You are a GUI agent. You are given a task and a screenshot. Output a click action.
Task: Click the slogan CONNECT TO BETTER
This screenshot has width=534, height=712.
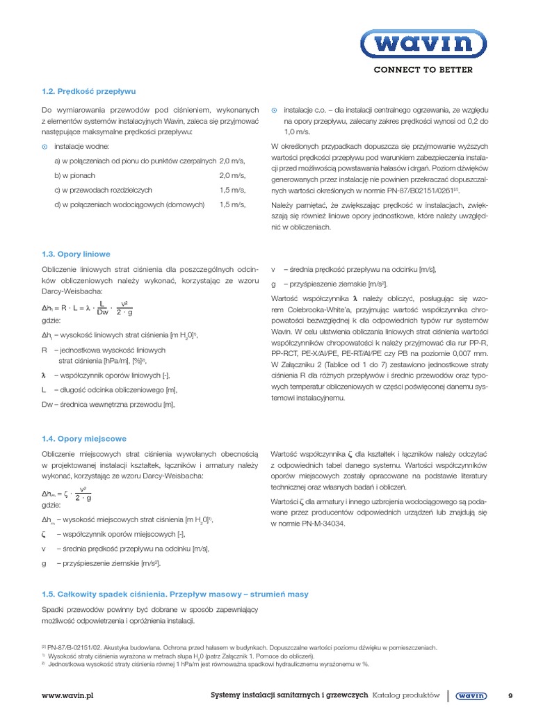point(423,70)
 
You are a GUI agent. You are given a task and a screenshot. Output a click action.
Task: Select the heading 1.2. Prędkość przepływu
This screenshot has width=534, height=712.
point(88,91)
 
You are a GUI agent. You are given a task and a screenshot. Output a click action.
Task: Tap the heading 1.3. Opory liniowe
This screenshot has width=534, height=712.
point(76,254)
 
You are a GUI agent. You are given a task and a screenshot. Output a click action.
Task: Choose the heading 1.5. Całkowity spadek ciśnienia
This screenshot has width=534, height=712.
point(175,594)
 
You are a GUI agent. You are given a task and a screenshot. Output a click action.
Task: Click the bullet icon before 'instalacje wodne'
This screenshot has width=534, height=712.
point(45,147)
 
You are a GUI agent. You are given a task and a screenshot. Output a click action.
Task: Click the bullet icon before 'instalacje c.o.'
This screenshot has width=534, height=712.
point(274,111)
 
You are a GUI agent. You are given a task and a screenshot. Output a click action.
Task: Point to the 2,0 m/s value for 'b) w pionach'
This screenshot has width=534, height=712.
point(232,175)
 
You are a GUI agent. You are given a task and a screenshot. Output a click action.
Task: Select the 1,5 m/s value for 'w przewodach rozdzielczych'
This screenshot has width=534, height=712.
point(232,190)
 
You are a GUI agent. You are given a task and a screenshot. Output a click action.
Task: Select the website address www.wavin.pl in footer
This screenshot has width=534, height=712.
point(67,695)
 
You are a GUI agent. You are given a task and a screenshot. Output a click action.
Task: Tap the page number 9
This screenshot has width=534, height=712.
point(510,695)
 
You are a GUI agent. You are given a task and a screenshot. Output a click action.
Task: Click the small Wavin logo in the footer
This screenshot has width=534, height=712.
point(472,695)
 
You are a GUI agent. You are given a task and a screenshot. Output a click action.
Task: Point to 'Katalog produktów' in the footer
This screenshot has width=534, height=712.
point(406,695)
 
